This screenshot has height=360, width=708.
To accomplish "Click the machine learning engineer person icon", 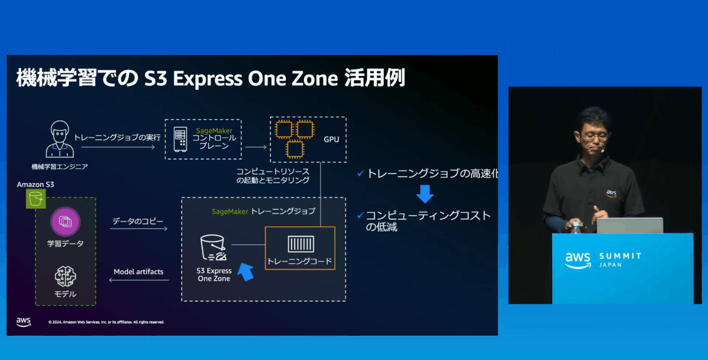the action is click(x=60, y=139).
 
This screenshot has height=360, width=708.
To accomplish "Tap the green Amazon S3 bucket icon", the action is click(x=36, y=199).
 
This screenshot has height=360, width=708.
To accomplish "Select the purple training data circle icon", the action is click(x=65, y=221).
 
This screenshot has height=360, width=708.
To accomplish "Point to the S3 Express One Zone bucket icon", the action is click(x=213, y=247).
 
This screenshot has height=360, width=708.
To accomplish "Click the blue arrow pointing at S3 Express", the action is click(x=246, y=272).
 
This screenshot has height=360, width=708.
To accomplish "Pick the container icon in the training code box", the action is click(x=301, y=244).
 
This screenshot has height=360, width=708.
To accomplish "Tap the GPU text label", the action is click(x=331, y=140).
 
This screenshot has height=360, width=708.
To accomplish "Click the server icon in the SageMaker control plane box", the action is click(x=181, y=139).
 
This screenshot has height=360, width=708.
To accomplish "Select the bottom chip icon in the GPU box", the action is click(x=295, y=150).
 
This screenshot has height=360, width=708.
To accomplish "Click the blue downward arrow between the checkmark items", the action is click(x=425, y=194).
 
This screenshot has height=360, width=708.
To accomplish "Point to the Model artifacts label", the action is click(x=139, y=272).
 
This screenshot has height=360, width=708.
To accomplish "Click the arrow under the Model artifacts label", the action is click(x=139, y=280).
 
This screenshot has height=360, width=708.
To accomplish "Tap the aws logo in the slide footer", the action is click(x=24, y=322).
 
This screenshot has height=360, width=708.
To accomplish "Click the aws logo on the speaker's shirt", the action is click(x=611, y=193).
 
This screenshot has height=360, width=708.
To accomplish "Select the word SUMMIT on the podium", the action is click(x=620, y=256).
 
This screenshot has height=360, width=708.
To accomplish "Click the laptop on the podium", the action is click(x=630, y=226).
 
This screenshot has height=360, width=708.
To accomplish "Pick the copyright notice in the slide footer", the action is click(x=106, y=322).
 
